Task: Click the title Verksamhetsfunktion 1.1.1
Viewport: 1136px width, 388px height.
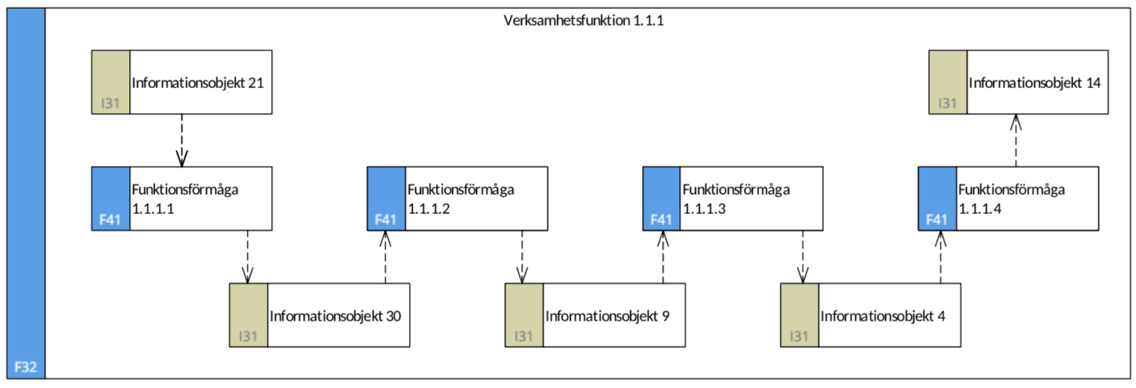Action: pyautogui.click(x=583, y=20)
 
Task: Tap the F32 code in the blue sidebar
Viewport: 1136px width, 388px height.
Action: pyautogui.click(x=26, y=366)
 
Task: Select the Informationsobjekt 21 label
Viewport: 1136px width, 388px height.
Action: pyautogui.click(x=198, y=83)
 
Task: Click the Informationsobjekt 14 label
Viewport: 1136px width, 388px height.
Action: pyautogui.click(x=1034, y=83)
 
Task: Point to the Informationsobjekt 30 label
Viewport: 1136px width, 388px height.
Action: pyautogui.click(x=335, y=316)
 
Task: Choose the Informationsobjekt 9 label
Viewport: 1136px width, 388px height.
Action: pyautogui.click(x=608, y=316)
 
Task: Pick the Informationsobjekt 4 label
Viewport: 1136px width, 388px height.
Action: pyautogui.click(x=883, y=316)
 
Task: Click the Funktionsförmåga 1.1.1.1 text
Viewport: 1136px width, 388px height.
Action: pyautogui.click(x=185, y=199)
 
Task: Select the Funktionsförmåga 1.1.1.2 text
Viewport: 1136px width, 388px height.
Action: pyautogui.click(x=461, y=199)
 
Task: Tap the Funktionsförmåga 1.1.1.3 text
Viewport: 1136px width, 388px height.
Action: pyautogui.click(x=737, y=199)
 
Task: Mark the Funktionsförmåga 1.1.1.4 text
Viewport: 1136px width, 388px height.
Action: pyautogui.click(x=1012, y=199)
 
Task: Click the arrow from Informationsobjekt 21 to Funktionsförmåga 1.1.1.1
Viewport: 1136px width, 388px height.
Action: pyautogui.click(x=181, y=140)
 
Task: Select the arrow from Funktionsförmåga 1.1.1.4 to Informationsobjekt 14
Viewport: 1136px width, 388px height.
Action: pyautogui.click(x=1016, y=140)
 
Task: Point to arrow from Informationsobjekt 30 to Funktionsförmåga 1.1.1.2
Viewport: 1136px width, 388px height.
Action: pyautogui.click(x=386, y=257)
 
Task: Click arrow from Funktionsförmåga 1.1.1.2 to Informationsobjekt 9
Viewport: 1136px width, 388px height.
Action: pyautogui.click(x=522, y=257)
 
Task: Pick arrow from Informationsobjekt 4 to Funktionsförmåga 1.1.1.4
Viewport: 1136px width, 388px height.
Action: pyautogui.click(x=940, y=257)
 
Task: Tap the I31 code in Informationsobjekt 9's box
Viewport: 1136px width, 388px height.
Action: pyautogui.click(x=524, y=336)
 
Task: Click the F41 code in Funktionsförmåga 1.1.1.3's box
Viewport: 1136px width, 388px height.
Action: pyautogui.click(x=661, y=220)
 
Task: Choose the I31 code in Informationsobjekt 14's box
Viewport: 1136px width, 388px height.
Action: pyautogui.click(x=948, y=103)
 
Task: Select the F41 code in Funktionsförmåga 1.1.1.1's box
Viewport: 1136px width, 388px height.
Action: pyautogui.click(x=110, y=220)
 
